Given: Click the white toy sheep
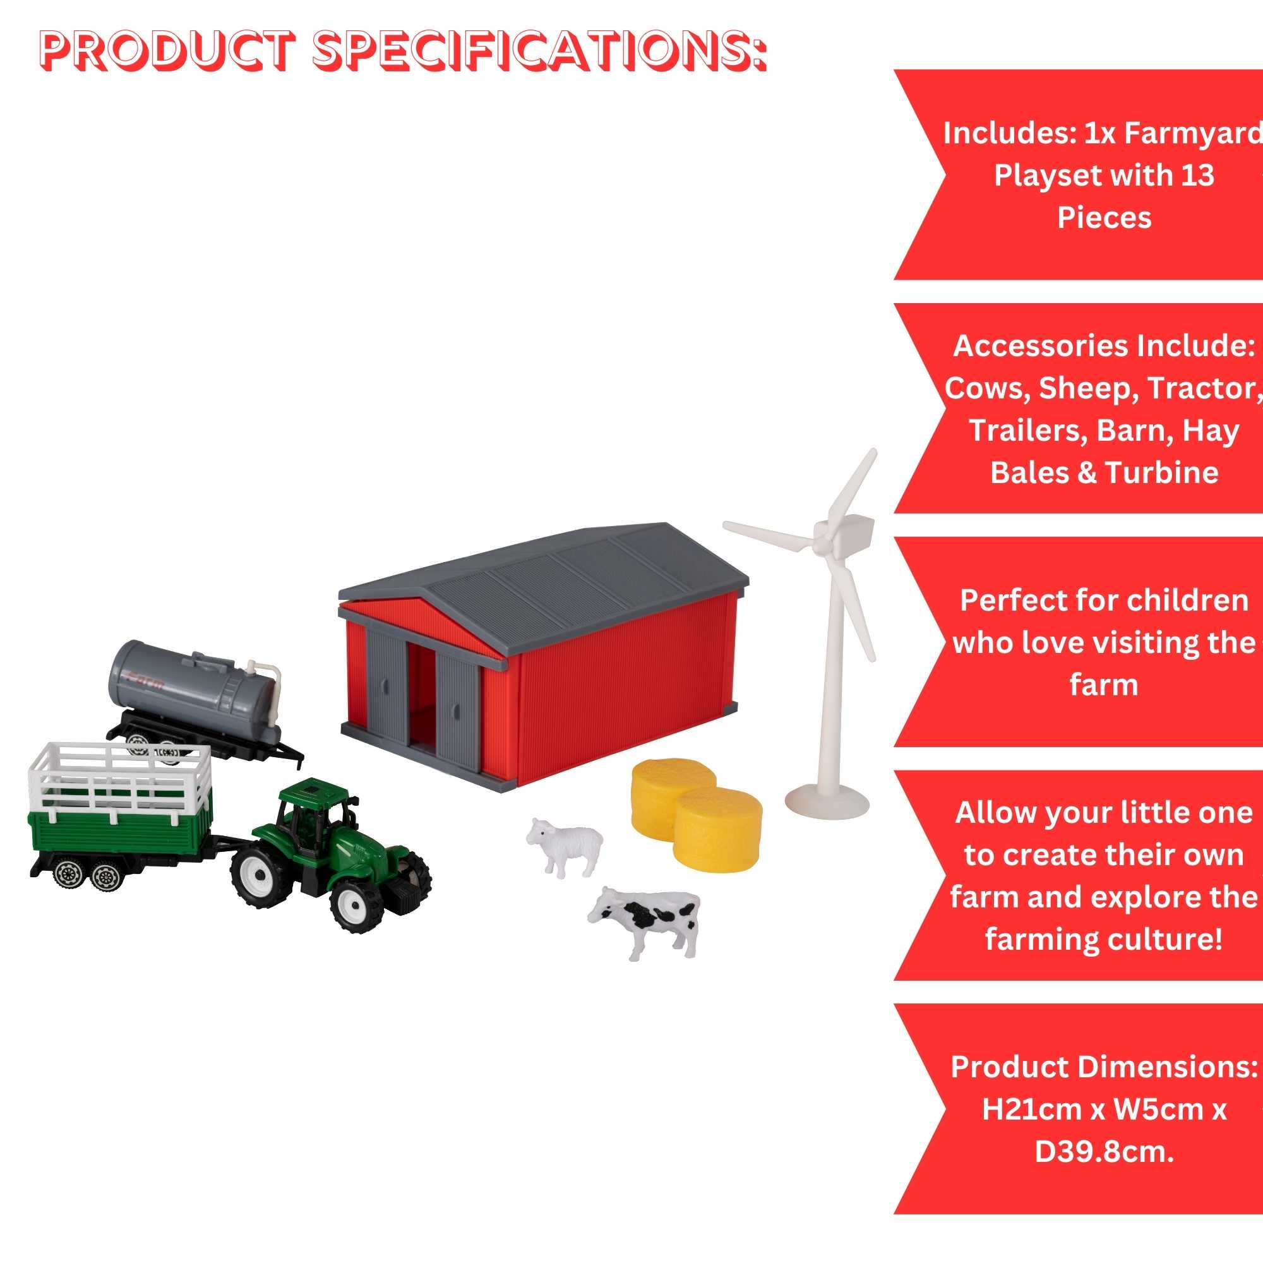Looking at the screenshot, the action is [x=564, y=846].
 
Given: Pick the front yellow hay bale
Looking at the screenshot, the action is [x=717, y=830].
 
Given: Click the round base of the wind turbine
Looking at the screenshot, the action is [x=827, y=801].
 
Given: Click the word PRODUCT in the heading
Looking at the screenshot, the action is [x=167, y=51].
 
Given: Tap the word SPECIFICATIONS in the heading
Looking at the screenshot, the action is [x=539, y=51].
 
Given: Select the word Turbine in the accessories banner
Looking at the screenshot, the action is [x=1162, y=472].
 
